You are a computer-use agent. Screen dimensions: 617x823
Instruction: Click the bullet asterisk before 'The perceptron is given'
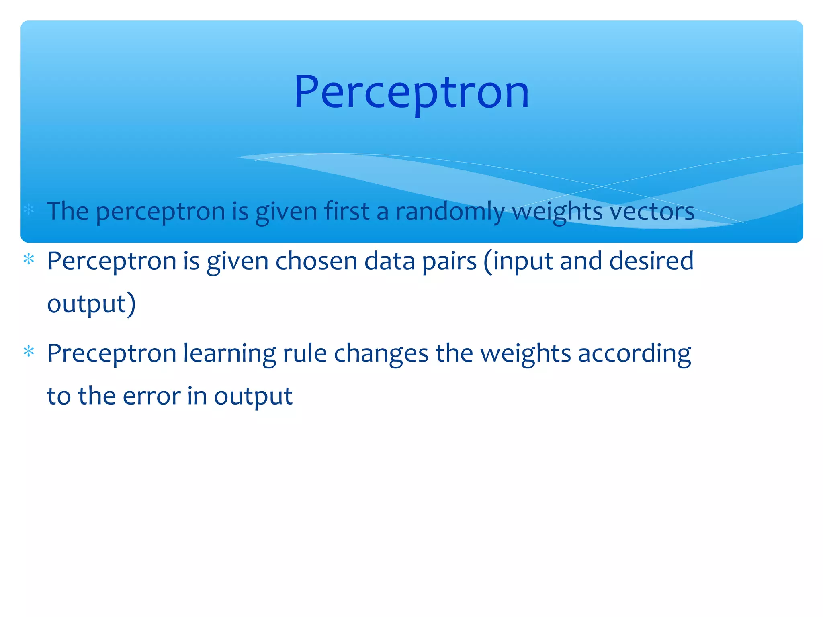tap(29, 209)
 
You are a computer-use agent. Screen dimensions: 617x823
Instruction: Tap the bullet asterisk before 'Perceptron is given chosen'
tap(29, 259)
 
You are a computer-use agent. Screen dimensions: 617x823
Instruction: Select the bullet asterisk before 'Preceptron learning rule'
tap(29, 352)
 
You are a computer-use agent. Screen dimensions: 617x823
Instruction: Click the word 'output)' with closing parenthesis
tap(92, 304)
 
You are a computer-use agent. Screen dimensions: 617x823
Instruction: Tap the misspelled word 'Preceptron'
tap(112, 354)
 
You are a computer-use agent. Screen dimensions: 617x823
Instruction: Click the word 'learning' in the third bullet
tap(229, 354)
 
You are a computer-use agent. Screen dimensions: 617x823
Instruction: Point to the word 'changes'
tap(381, 354)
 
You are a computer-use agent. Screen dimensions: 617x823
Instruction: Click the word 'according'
tap(635, 354)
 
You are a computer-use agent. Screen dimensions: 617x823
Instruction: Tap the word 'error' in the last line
tap(151, 396)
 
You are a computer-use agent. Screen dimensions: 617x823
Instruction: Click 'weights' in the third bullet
tap(526, 354)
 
